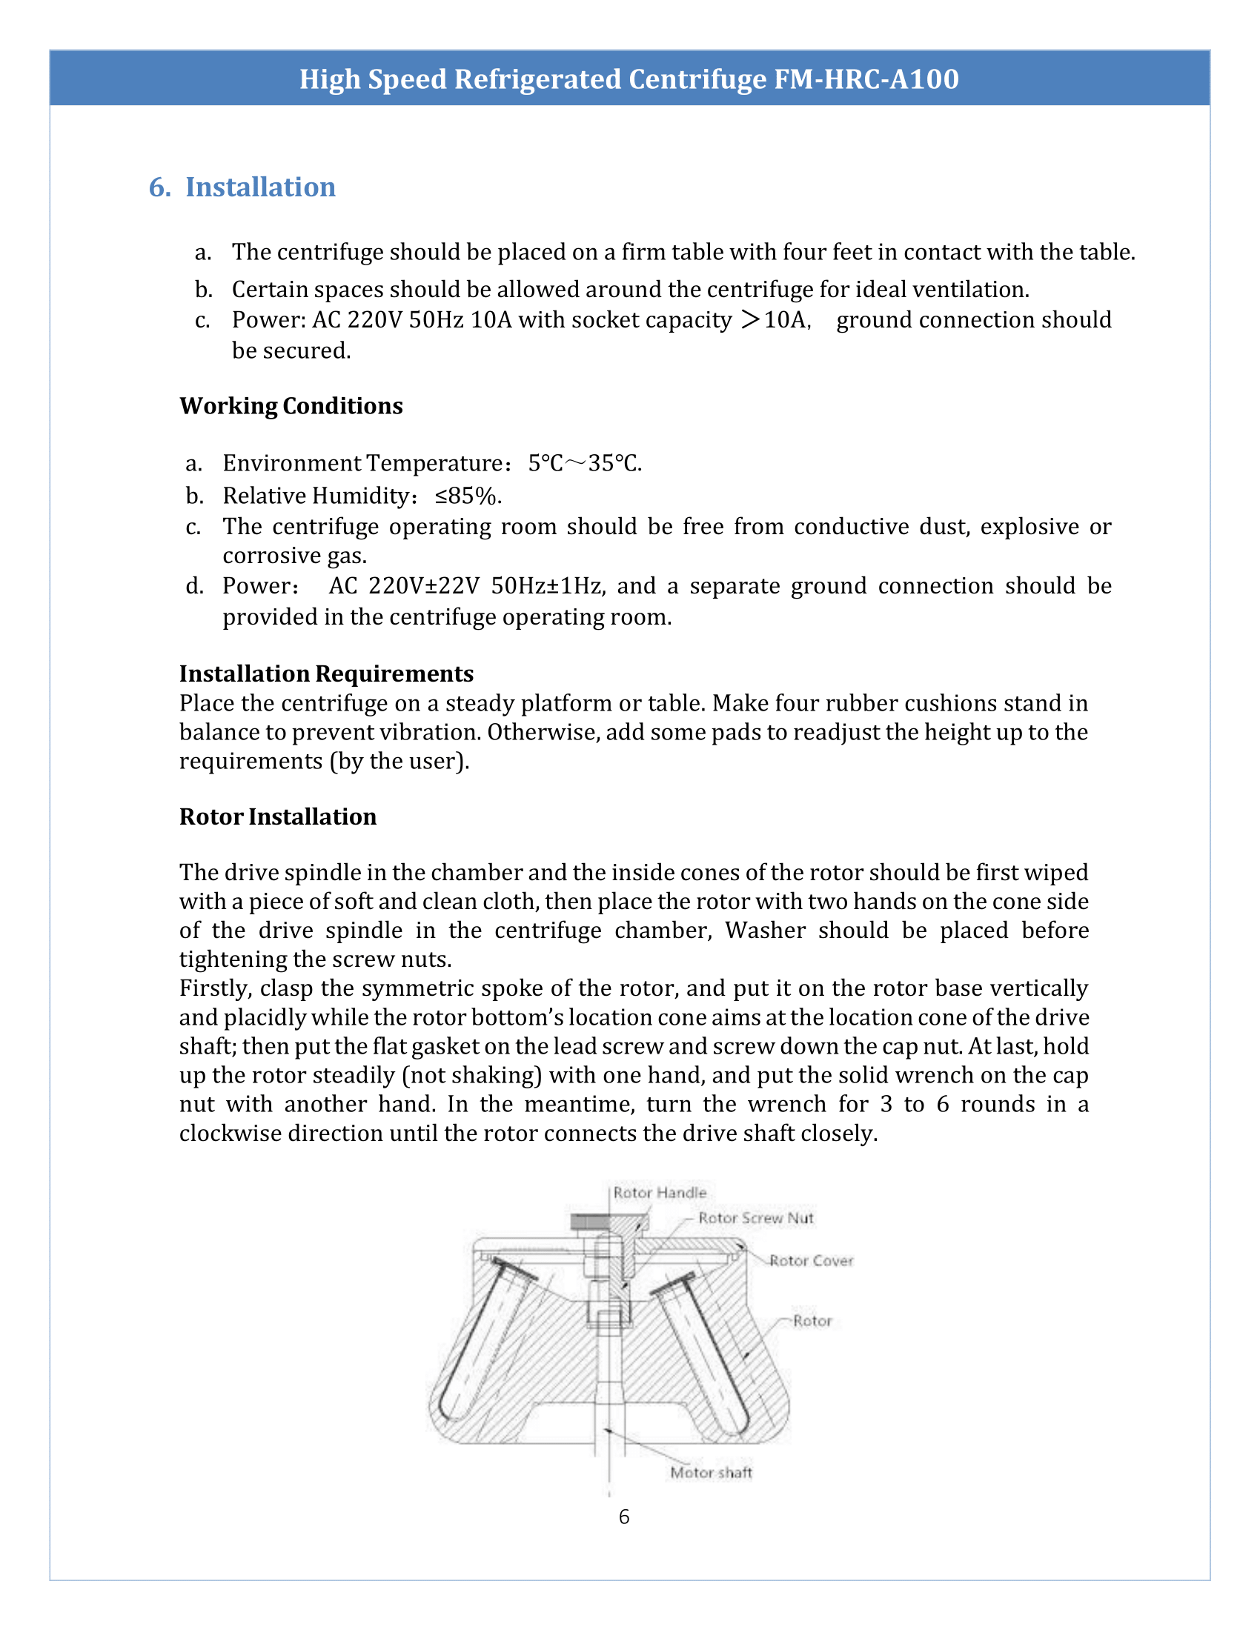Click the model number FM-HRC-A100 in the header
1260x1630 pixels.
(x=866, y=79)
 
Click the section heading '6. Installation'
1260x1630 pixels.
(x=242, y=187)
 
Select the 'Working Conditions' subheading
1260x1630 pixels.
(x=291, y=405)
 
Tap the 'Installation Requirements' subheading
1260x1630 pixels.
(x=326, y=673)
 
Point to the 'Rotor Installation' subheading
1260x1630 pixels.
(x=278, y=816)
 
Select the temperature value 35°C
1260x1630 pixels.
(x=614, y=464)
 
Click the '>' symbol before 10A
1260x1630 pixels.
(x=750, y=319)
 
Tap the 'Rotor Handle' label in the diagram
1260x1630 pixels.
(x=660, y=1193)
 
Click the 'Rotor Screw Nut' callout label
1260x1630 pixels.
(x=755, y=1218)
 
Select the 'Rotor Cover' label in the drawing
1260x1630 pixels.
(x=812, y=1260)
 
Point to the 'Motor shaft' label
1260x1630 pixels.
(x=711, y=1472)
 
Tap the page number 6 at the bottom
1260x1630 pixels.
(x=624, y=1517)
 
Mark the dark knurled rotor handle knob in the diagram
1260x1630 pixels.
(x=590, y=1222)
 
